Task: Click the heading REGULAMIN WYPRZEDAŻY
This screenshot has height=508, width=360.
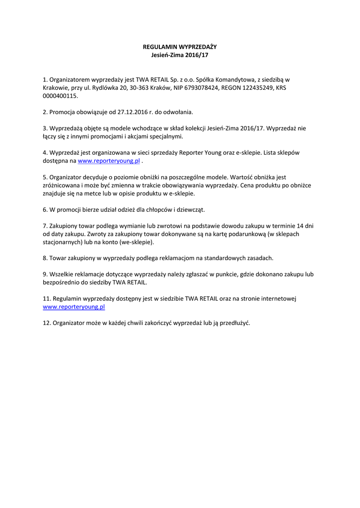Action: coord(180,47)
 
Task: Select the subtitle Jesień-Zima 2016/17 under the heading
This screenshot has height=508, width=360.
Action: coord(180,55)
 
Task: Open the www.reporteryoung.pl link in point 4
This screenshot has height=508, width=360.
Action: coord(109,161)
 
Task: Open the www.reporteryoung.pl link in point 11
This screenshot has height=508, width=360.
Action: coord(74,307)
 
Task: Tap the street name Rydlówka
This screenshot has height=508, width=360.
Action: coord(102,87)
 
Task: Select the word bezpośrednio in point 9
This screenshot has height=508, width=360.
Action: coord(62,282)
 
